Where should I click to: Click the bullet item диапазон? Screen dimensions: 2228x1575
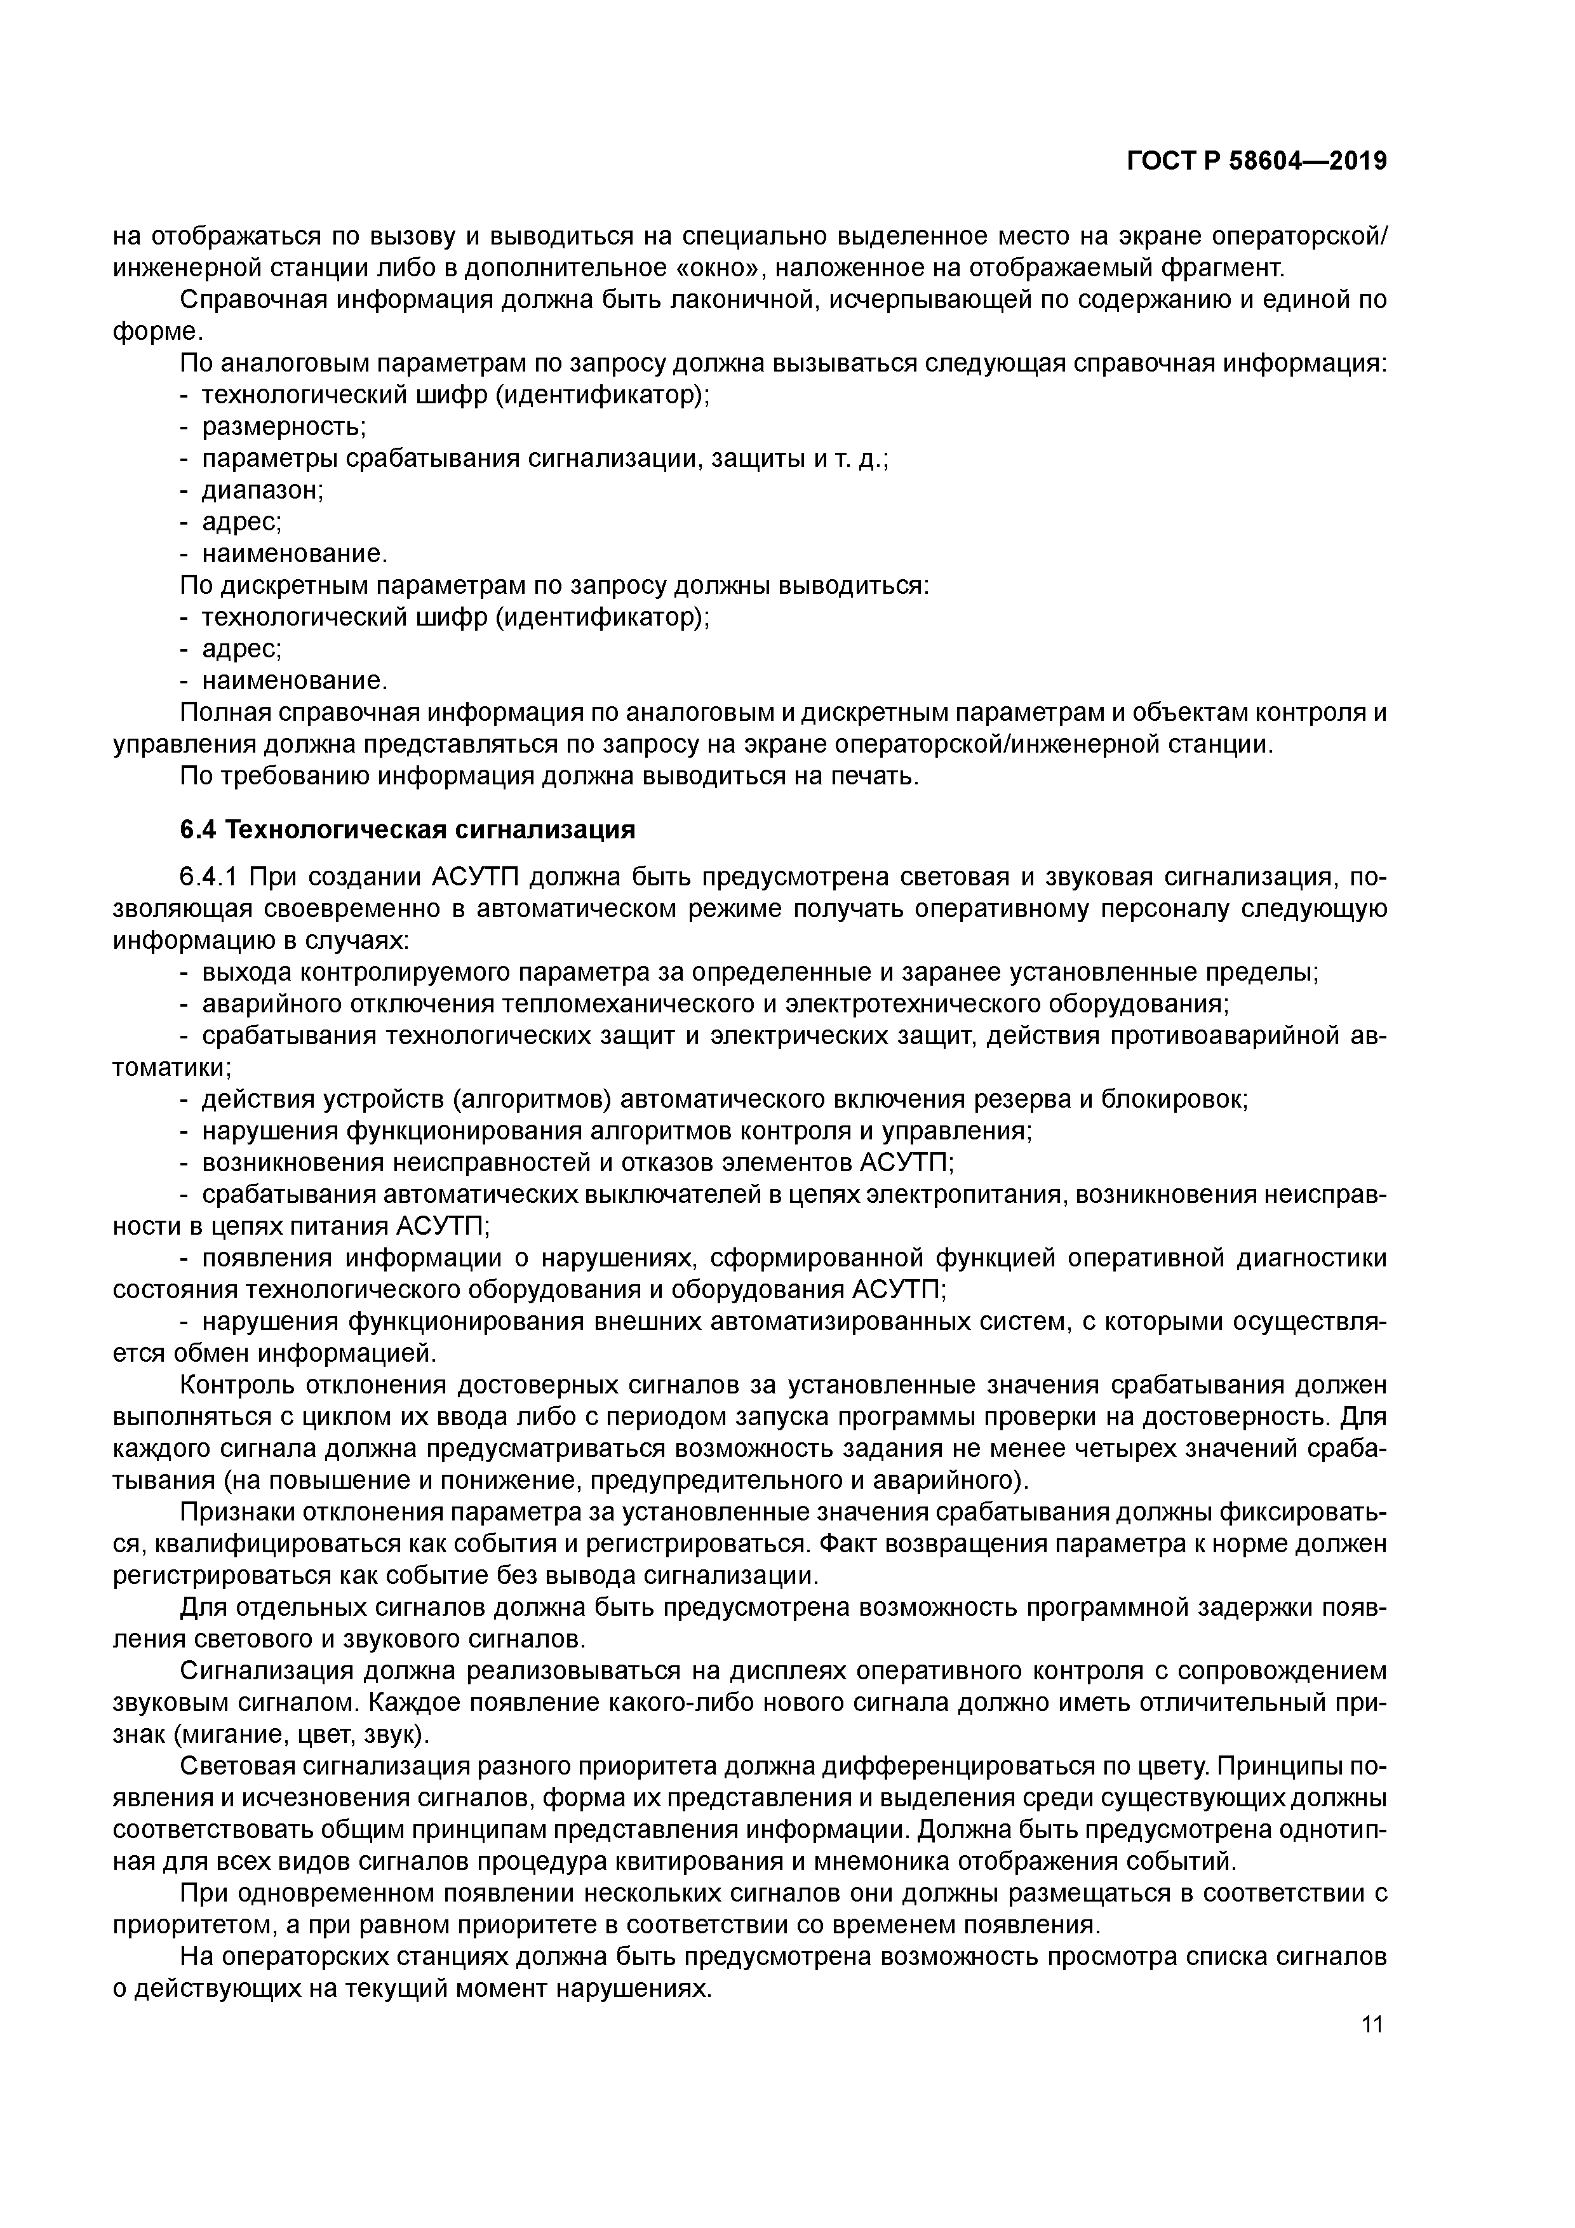click(x=262, y=490)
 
